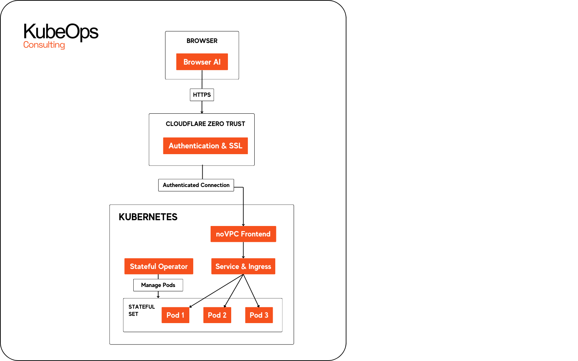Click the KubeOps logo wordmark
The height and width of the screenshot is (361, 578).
[x=61, y=32]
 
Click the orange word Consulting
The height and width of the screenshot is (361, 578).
[x=44, y=45]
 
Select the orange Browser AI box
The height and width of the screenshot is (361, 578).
[x=202, y=62]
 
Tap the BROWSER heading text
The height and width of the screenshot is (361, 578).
[x=202, y=41]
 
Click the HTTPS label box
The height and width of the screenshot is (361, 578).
[x=202, y=95]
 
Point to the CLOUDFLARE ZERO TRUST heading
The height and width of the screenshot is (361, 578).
[x=205, y=124]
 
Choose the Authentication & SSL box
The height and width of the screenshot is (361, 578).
[x=205, y=146]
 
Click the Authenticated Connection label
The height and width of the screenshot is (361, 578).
[x=196, y=185]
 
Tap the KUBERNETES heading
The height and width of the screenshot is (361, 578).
[x=148, y=217]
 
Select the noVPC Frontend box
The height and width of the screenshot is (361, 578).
[x=243, y=234]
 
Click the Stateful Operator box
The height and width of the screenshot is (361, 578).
[x=159, y=266]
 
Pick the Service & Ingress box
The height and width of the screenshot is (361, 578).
[x=243, y=266]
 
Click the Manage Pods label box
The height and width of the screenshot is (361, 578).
[x=158, y=285]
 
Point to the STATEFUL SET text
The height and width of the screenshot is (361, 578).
[x=141, y=310]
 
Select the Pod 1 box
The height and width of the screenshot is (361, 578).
[x=175, y=315]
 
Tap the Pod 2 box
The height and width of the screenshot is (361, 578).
[x=217, y=315]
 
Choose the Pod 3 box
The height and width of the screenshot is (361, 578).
[x=259, y=315]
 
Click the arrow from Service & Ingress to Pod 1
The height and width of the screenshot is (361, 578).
[x=216, y=291]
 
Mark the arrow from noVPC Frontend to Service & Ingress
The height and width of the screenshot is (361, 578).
[x=243, y=250]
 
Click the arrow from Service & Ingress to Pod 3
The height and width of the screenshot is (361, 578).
[x=251, y=291]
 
